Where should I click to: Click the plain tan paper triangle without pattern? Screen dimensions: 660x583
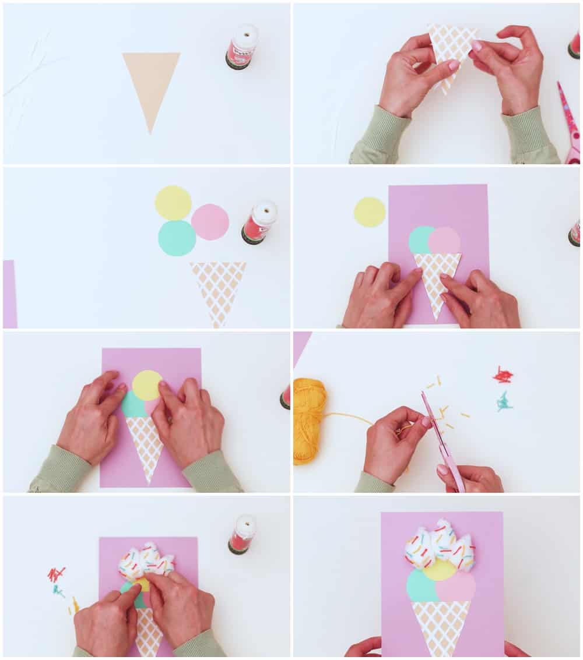pyautogui.click(x=150, y=82)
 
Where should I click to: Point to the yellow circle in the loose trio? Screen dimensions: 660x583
pyautogui.click(x=173, y=203)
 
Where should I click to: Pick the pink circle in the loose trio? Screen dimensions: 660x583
pyautogui.click(x=210, y=222)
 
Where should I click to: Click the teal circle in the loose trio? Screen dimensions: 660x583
pyautogui.click(x=177, y=238)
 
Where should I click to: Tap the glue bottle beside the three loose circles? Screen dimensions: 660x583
pyautogui.click(x=259, y=221)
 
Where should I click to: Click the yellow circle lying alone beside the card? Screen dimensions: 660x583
pyautogui.click(x=370, y=212)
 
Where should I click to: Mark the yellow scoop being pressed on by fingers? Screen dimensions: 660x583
pyautogui.click(x=146, y=385)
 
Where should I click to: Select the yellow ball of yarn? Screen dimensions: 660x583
pyautogui.click(x=309, y=419)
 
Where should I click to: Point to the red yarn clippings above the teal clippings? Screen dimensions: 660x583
pyautogui.click(x=503, y=375)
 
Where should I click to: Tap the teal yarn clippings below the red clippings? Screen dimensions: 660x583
pyautogui.click(x=504, y=402)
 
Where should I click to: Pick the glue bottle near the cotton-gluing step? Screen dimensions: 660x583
pyautogui.click(x=242, y=534)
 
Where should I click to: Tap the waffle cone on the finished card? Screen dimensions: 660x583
pyautogui.click(x=441, y=626)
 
